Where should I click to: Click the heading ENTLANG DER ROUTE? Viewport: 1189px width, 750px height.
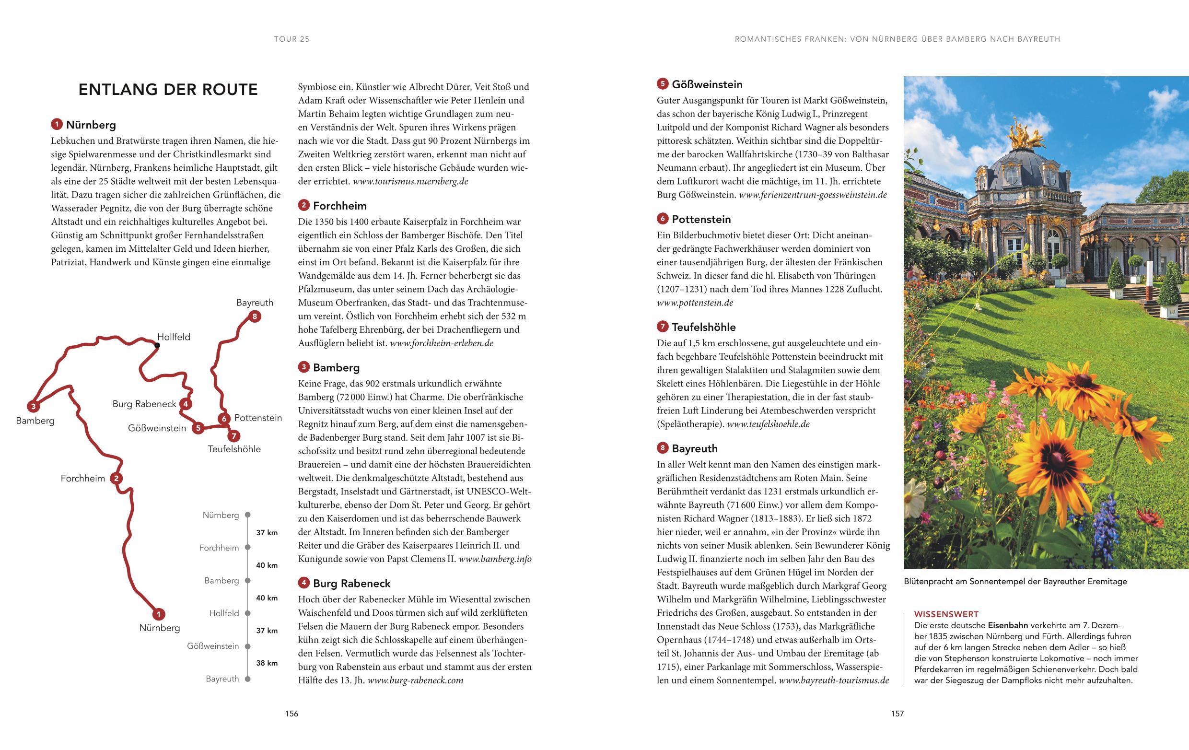click(168, 89)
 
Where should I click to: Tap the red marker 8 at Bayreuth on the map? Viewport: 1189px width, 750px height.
click(254, 316)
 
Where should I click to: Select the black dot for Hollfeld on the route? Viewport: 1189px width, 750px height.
click(157, 346)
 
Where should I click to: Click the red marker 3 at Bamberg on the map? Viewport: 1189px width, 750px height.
click(33, 407)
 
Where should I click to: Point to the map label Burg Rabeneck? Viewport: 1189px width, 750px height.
click(144, 404)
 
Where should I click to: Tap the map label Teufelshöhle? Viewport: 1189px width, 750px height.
click(234, 449)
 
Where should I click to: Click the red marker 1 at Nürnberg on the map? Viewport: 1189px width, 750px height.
click(158, 614)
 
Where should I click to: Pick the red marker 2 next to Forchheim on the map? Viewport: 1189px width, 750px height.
click(116, 478)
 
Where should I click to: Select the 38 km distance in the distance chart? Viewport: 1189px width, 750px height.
click(267, 663)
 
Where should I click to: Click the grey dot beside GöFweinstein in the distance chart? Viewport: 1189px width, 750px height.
click(248, 646)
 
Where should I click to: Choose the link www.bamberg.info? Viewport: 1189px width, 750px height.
click(495, 559)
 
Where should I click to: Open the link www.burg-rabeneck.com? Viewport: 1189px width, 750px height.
click(415, 680)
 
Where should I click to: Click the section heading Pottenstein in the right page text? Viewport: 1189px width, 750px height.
click(701, 219)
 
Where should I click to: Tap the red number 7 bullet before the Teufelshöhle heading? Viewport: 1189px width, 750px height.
click(662, 327)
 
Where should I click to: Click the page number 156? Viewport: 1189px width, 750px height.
click(292, 714)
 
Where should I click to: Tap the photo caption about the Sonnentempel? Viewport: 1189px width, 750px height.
click(1015, 581)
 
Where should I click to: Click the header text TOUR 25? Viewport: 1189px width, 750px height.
click(292, 39)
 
